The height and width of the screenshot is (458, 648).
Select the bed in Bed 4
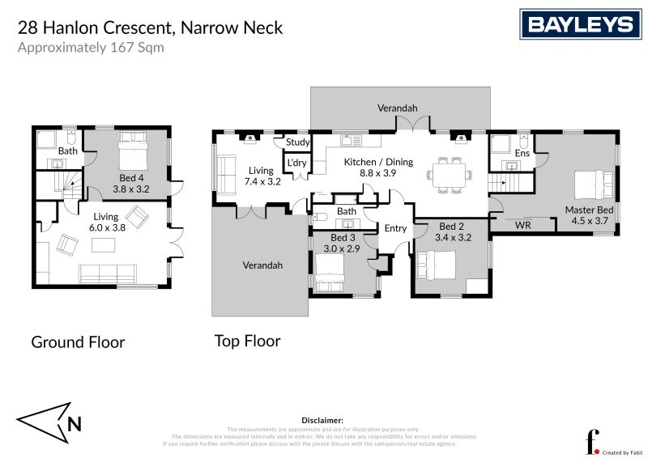click(x=133, y=151)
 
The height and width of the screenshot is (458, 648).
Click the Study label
click(x=296, y=142)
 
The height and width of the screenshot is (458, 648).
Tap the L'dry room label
click(x=296, y=163)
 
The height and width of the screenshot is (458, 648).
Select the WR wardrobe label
click(x=522, y=225)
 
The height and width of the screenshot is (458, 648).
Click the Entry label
click(x=395, y=228)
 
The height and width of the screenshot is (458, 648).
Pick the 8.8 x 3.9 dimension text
click(x=378, y=173)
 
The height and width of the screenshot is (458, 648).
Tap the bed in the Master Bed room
click(x=593, y=184)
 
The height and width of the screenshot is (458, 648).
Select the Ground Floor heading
click(x=78, y=342)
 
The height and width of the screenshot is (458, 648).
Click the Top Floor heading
click(x=247, y=341)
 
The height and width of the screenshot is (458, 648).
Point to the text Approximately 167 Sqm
click(x=91, y=47)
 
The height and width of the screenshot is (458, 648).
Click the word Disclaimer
click(x=322, y=421)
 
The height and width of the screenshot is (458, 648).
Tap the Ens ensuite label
click(x=522, y=152)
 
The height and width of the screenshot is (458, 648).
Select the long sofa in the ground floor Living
click(x=107, y=274)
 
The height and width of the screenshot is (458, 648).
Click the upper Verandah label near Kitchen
click(x=397, y=108)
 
